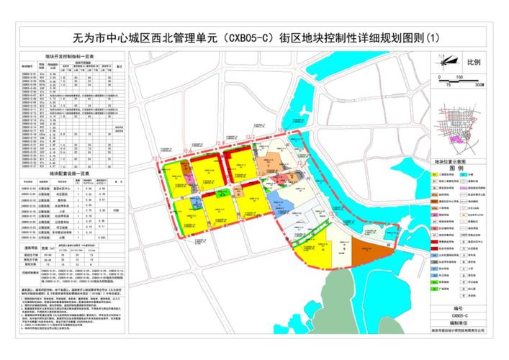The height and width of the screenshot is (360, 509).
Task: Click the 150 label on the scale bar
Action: [459, 76]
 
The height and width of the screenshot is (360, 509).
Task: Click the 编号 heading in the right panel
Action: [460, 307]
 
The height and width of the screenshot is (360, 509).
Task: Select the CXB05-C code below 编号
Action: [460, 315]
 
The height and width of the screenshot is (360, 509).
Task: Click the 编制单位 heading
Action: [460, 323]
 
